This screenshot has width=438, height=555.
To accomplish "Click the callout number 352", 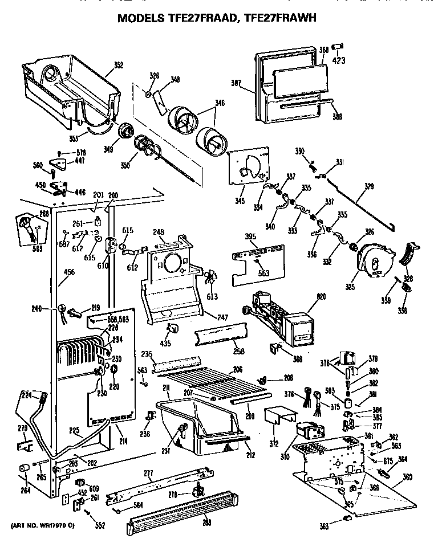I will click(x=118, y=65).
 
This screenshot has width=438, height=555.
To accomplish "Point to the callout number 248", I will click(x=159, y=232).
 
